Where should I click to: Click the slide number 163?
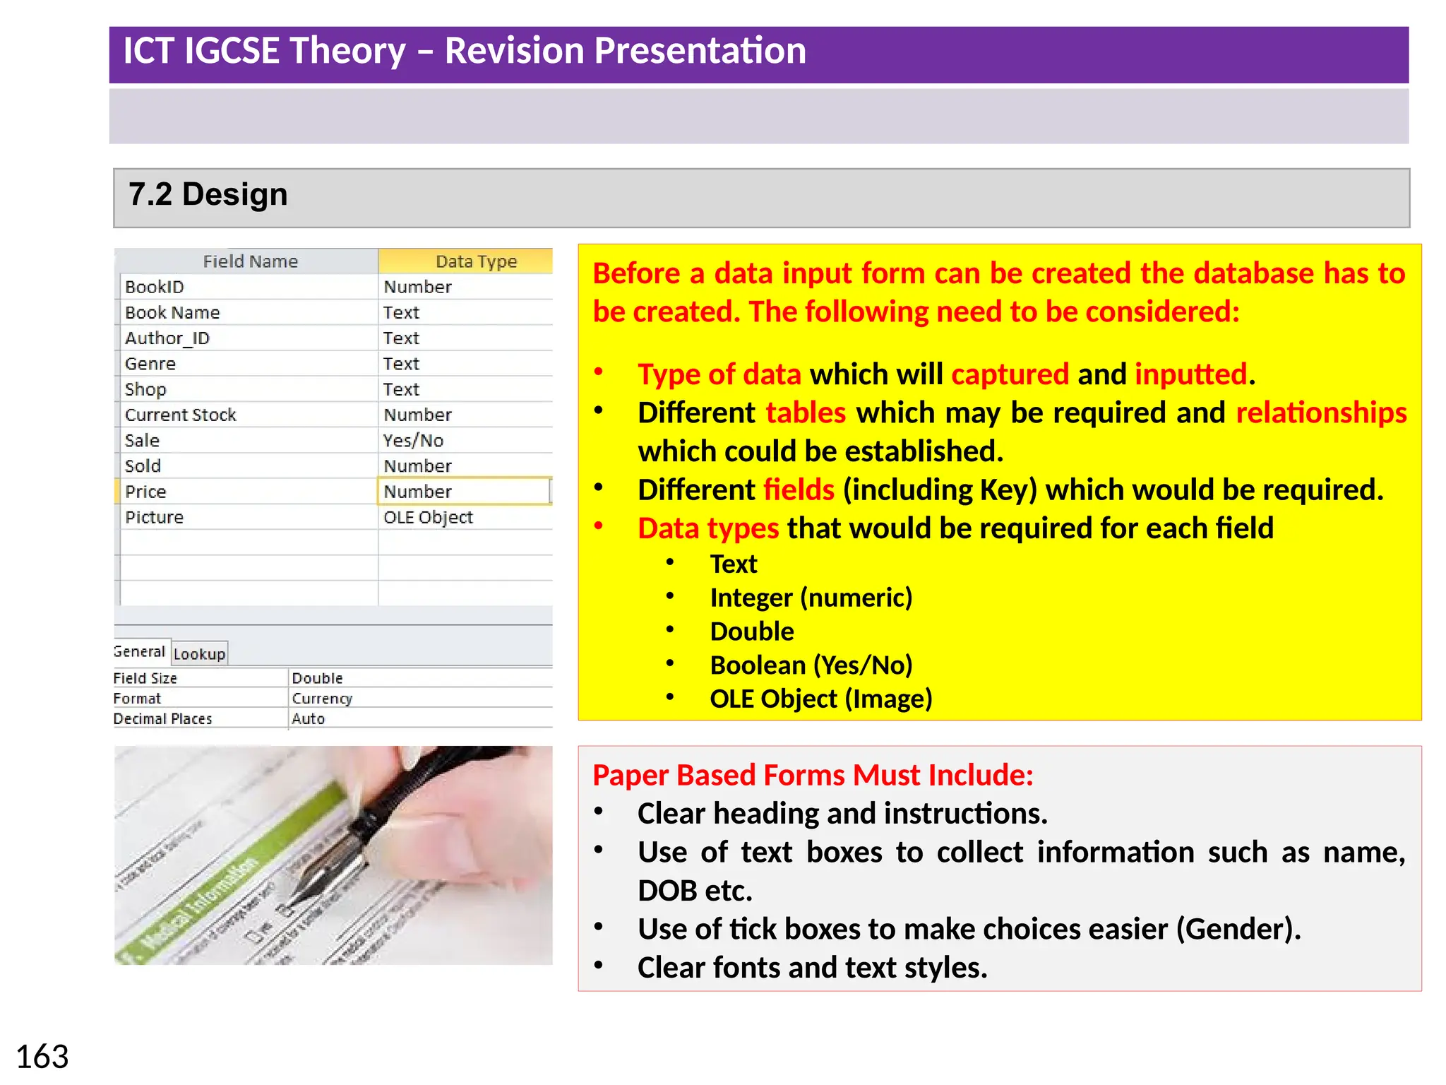[x=42, y=1057]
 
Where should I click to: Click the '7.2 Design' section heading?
[x=208, y=194]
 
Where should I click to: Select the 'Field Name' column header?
[x=250, y=261]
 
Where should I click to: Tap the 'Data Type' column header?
[x=476, y=261]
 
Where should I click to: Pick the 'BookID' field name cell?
[x=155, y=287]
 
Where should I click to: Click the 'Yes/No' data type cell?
[x=413, y=441]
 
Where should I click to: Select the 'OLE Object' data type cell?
[x=428, y=517]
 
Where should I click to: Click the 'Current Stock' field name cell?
[x=181, y=415]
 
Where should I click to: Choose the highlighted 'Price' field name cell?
[x=146, y=492]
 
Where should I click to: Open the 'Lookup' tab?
[x=199, y=654]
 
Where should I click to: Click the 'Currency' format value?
[x=322, y=699]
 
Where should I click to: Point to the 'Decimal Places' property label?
[x=162, y=718]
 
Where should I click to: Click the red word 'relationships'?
[x=1321, y=413]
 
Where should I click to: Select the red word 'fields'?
[x=799, y=490]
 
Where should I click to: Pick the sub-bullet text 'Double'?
[x=752, y=632]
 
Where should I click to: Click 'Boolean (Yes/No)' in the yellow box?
[x=811, y=665]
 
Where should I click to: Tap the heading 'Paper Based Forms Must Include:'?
[x=813, y=775]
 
